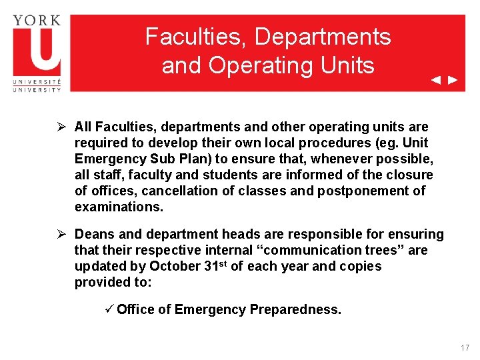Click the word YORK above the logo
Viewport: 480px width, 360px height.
(x=37, y=19)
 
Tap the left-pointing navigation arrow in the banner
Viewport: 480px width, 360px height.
(x=435, y=81)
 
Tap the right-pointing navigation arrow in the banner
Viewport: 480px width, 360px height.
(x=453, y=81)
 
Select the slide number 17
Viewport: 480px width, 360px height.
(x=465, y=348)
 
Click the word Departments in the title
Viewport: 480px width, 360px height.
(x=323, y=37)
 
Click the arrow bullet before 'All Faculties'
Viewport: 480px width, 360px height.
(x=61, y=127)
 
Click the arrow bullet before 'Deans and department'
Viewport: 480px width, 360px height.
(x=61, y=234)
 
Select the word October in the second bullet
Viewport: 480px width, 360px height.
(x=175, y=266)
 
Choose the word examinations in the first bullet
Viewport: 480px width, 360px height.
(x=118, y=207)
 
